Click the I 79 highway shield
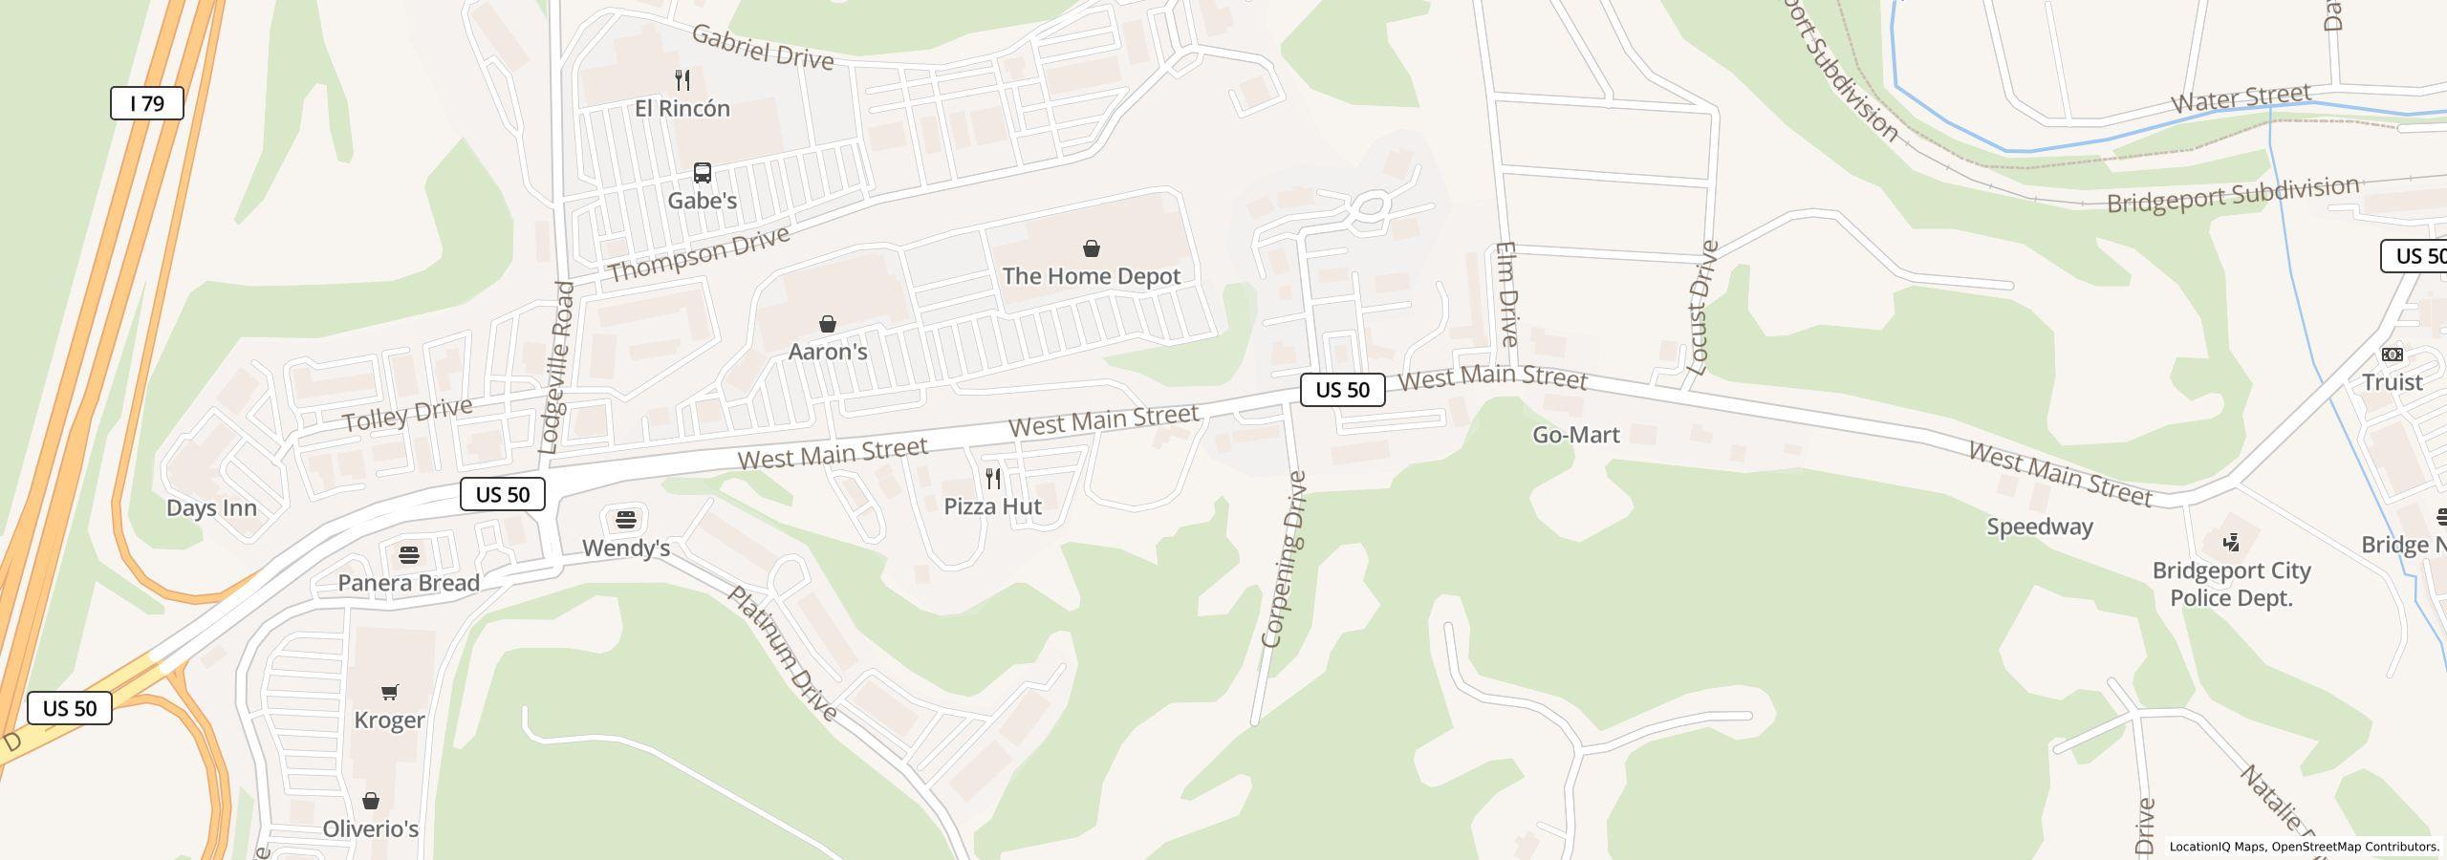(147, 103)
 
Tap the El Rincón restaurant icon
(682, 79)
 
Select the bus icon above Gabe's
(703, 173)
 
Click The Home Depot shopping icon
(1091, 249)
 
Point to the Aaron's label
(828, 352)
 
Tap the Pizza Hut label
(992, 506)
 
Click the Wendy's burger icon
(626, 520)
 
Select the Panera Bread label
(409, 583)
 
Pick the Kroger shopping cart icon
(390, 692)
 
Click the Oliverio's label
(371, 828)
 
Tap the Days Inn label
(211, 508)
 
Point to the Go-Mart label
(1575, 435)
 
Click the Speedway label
(2040, 527)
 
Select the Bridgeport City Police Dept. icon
(2231, 543)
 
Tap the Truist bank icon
(2392, 355)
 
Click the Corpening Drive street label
(1284, 559)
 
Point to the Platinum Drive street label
(783, 653)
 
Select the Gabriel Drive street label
(762, 47)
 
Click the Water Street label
(2241, 98)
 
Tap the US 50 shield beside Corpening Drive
(1342, 390)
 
